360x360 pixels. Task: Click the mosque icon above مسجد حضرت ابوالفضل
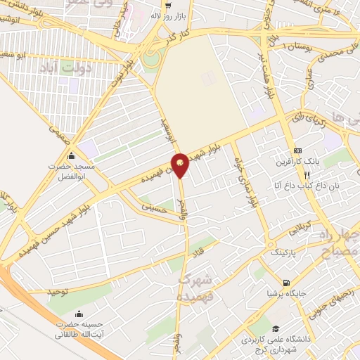coord(71,156)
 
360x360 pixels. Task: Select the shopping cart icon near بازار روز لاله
coord(167,4)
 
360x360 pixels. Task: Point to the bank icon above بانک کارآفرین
coord(297,150)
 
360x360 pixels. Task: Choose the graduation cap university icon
coord(276,328)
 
